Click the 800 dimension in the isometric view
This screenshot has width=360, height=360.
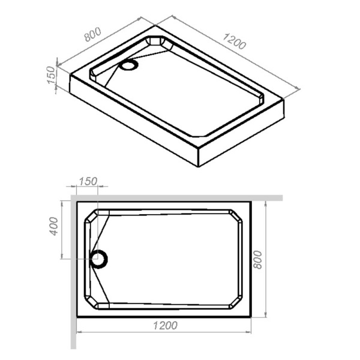tap(93, 35)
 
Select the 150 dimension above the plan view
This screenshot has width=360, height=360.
tap(88, 182)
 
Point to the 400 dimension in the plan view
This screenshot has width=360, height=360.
tap(53, 225)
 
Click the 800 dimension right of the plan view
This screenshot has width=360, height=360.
tap(259, 257)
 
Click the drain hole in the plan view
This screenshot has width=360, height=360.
tap(98, 259)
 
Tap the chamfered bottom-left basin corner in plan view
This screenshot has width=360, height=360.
tap(91, 302)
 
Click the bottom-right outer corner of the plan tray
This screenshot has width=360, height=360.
tap(251, 316)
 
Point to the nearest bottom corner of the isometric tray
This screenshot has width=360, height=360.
tap(198, 167)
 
